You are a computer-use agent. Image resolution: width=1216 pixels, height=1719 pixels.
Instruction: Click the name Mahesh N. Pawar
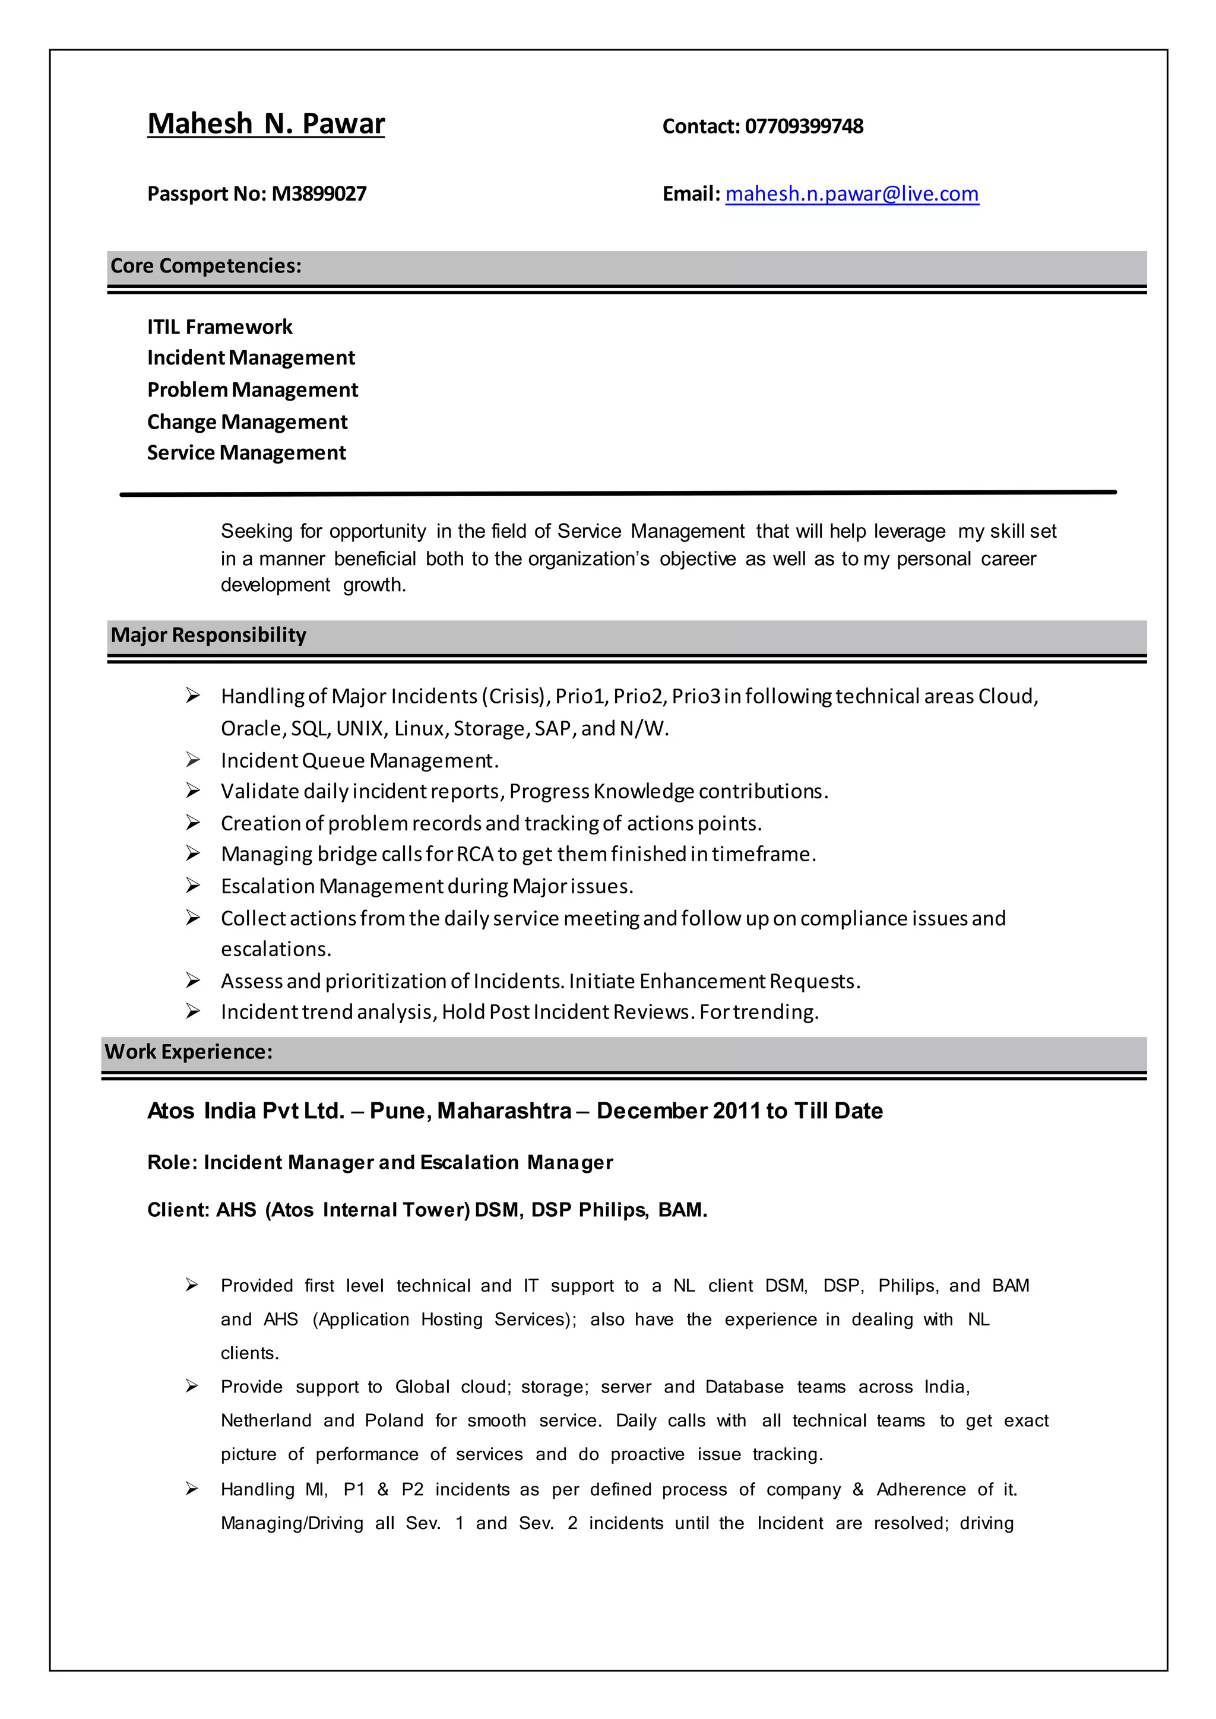(266, 123)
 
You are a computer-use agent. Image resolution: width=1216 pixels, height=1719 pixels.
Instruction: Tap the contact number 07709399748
(803, 126)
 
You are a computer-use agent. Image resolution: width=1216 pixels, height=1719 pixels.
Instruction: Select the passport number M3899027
(319, 194)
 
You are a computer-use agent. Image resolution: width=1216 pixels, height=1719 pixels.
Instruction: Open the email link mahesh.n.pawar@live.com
(851, 194)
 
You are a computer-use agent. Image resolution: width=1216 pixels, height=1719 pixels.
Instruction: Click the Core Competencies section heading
(206, 266)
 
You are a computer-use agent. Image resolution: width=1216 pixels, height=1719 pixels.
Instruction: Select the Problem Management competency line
(252, 390)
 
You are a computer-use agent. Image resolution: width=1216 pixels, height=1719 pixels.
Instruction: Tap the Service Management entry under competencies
(246, 453)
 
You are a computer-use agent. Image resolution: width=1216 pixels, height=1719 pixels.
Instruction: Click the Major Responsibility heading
(208, 635)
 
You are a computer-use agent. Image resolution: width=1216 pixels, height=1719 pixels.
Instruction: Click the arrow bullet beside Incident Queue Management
(192, 760)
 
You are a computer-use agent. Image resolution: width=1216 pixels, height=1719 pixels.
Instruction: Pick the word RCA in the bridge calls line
(475, 854)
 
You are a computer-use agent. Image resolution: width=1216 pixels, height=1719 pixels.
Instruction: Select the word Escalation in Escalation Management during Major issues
(267, 886)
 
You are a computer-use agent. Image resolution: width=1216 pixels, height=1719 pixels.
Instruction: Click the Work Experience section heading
(188, 1052)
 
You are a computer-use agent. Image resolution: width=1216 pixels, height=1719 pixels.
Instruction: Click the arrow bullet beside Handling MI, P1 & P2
(192, 1489)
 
